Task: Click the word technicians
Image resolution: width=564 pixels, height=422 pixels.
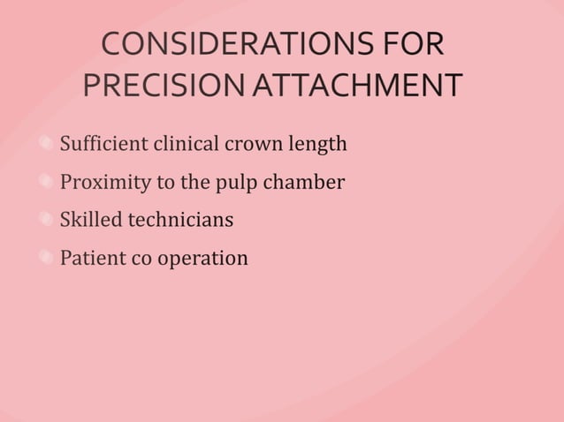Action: [x=180, y=220]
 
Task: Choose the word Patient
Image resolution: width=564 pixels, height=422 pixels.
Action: [x=91, y=259]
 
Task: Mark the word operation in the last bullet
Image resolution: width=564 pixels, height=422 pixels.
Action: [x=202, y=260]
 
